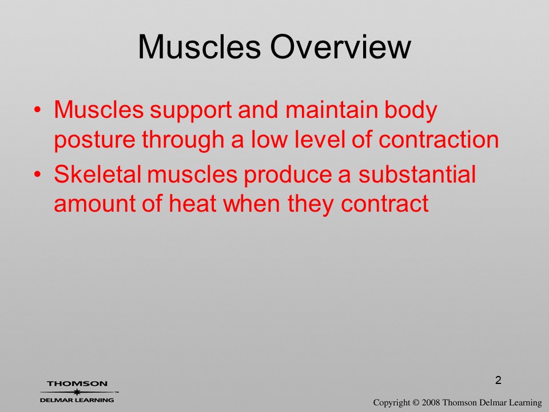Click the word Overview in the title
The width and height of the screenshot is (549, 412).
[341, 47]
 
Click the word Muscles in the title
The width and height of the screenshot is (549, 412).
[200, 47]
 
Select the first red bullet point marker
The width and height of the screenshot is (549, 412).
[37, 110]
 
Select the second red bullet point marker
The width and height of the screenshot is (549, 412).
[37, 174]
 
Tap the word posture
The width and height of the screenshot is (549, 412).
[94, 140]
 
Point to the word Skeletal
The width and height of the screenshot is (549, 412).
[97, 174]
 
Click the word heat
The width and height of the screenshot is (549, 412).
[192, 203]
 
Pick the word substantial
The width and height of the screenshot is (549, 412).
[417, 174]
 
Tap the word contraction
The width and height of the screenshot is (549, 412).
[439, 140]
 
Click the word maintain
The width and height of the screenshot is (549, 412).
[332, 109]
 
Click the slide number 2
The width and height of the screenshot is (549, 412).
[498, 380]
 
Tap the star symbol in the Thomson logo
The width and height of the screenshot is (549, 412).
[77, 392]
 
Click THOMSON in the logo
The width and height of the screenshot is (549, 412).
[77, 383]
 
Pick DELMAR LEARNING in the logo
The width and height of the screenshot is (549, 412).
[77, 400]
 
